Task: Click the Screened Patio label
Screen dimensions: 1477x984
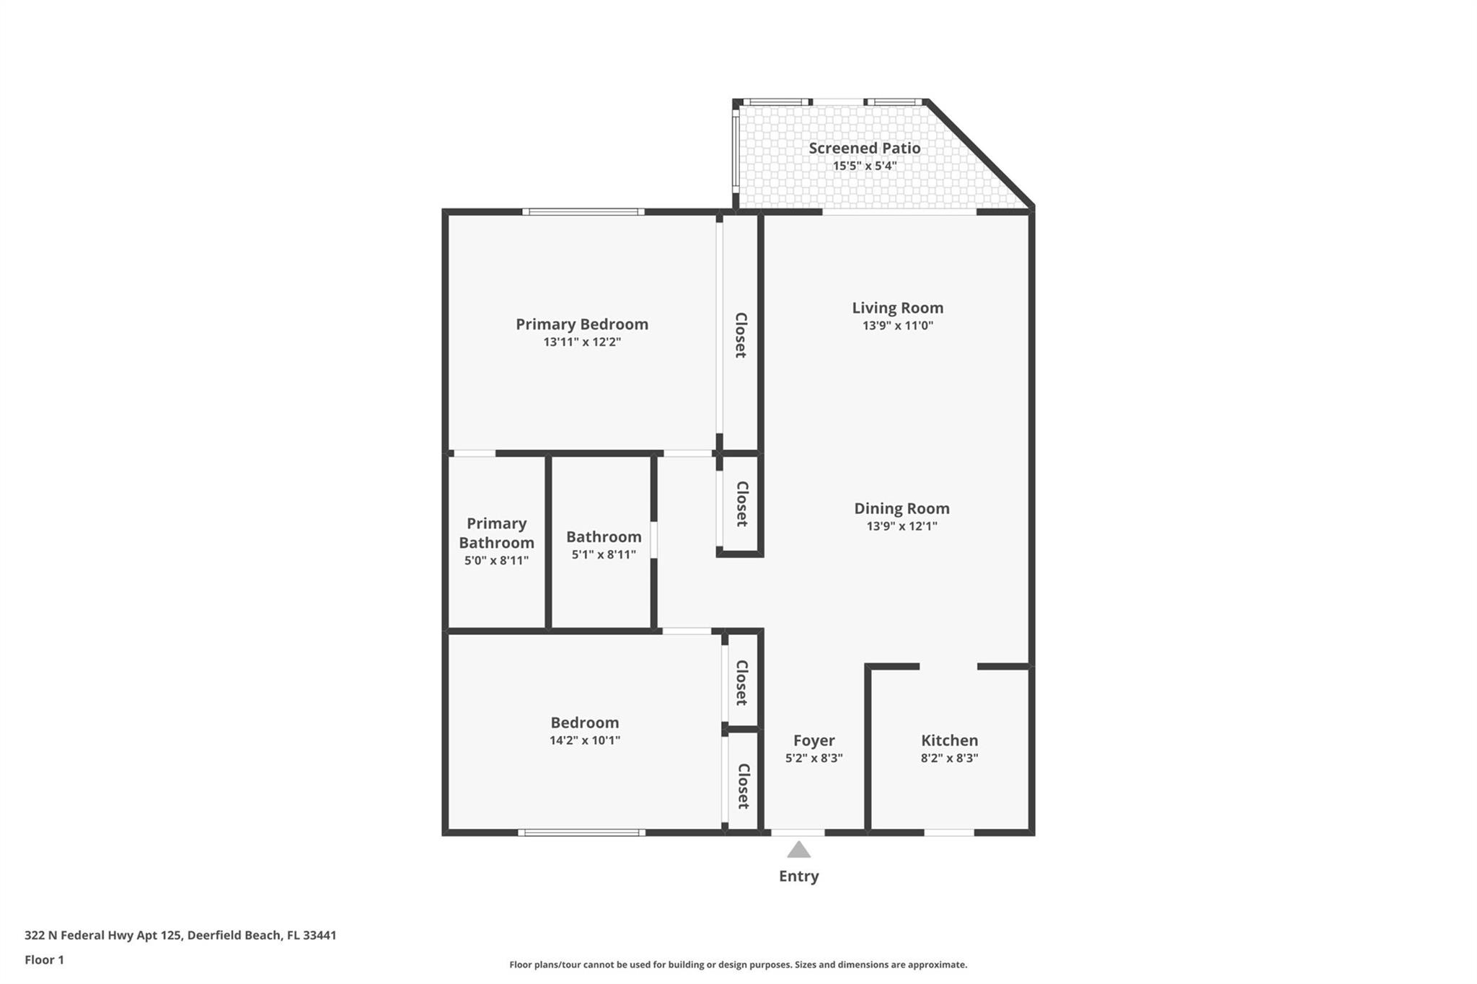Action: (864, 148)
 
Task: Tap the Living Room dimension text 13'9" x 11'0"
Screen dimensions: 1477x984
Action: (898, 325)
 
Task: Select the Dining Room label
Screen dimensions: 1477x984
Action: (901, 508)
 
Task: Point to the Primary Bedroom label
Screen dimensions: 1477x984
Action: (582, 324)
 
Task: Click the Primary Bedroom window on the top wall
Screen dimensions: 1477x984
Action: (583, 212)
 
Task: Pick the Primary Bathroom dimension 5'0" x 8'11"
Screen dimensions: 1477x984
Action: (496, 560)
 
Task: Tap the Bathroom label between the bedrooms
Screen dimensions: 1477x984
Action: (604, 536)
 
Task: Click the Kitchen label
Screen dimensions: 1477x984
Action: (949, 740)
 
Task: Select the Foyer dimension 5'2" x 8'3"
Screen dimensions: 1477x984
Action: (814, 758)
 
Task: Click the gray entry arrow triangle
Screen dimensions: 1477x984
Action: (798, 850)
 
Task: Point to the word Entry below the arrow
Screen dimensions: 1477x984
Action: (798, 877)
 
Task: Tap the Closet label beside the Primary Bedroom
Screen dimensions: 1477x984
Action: (741, 335)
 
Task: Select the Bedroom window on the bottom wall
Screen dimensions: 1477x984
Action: (581, 833)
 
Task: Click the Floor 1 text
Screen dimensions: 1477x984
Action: (44, 960)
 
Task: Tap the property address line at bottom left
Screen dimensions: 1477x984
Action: (180, 936)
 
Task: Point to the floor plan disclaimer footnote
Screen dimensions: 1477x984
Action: (738, 965)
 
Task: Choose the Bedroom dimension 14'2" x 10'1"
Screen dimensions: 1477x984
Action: (585, 740)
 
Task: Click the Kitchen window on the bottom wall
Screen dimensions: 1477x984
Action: (949, 833)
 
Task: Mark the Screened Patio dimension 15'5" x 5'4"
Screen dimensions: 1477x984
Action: (865, 166)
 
